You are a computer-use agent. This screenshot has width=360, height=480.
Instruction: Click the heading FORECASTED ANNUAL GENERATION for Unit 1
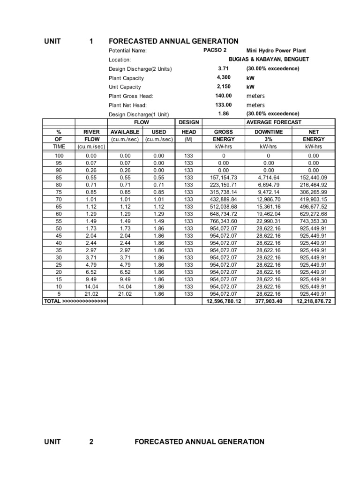[173, 41]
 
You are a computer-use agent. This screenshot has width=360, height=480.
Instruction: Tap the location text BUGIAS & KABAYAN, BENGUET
[269, 60]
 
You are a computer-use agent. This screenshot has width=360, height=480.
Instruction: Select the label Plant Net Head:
[127, 105]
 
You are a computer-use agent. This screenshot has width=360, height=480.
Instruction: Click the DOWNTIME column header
[269, 132]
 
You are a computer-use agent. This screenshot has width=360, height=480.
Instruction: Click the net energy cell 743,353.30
[313, 221]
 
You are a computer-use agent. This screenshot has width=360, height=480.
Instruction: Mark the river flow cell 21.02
[92, 294]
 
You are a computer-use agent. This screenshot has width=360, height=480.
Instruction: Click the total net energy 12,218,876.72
[313, 301]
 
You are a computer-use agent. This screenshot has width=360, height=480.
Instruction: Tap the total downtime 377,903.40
[269, 301]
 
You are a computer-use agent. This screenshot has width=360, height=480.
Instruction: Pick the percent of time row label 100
[59, 155]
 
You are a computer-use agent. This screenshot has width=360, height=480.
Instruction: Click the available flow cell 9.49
[125, 279]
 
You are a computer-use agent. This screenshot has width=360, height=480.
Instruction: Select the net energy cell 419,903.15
[313, 199]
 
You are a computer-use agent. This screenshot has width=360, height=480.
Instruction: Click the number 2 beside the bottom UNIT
[91, 442]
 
